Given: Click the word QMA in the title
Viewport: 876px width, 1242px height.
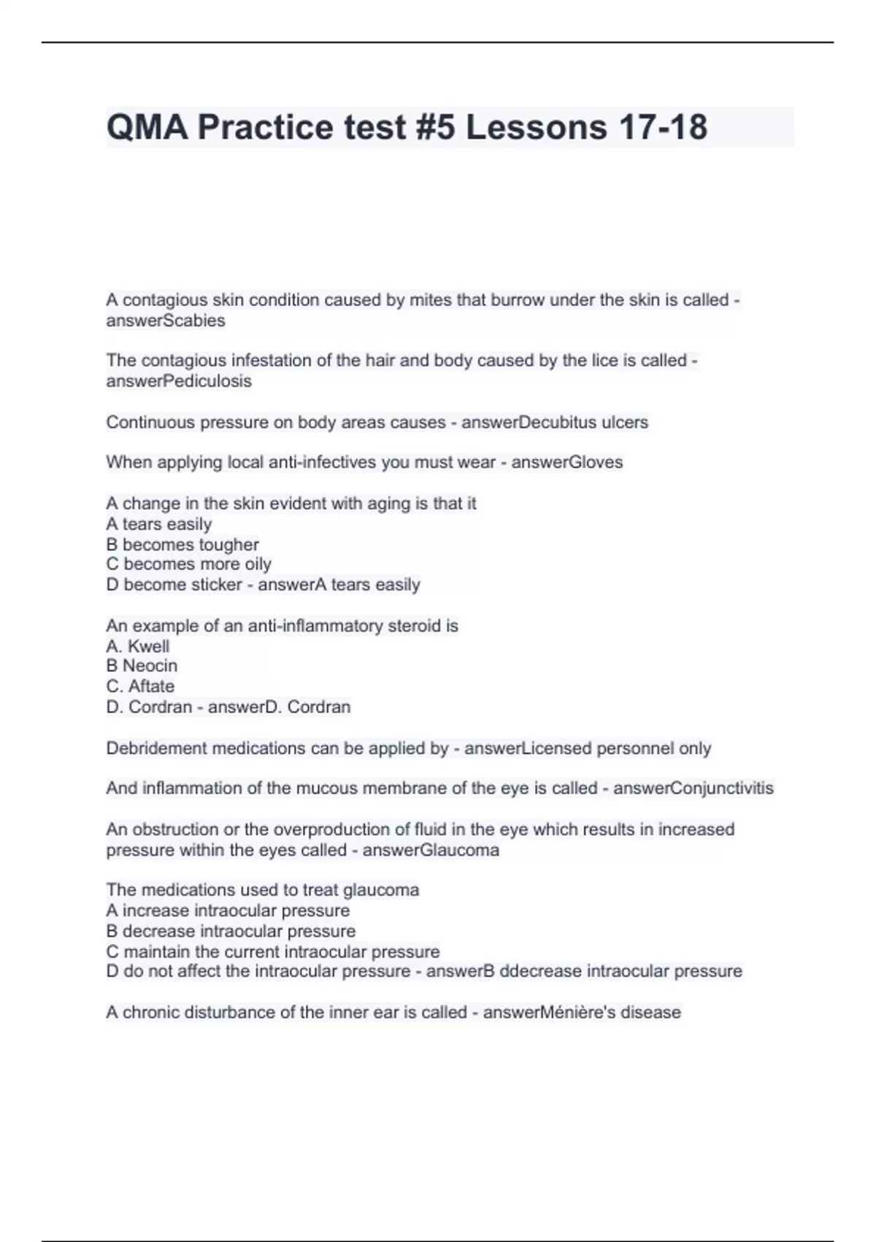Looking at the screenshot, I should pyautogui.click(x=147, y=127).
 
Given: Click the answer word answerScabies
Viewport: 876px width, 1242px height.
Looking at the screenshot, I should pyautogui.click(x=166, y=321).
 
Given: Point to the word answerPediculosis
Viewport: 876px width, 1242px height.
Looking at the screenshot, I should pyautogui.click(x=179, y=381).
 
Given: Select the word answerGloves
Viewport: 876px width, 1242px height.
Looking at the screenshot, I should pyautogui.click(x=566, y=462).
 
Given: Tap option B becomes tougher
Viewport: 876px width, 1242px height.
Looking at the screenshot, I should pyautogui.click(x=182, y=544).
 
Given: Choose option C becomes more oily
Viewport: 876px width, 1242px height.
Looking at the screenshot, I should pyautogui.click(x=188, y=564).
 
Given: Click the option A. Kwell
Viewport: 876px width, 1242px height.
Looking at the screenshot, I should pyautogui.click(x=138, y=647).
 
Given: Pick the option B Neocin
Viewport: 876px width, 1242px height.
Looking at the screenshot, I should pyautogui.click(x=142, y=666).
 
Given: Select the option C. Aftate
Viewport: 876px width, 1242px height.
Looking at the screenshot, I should pyautogui.click(x=140, y=686).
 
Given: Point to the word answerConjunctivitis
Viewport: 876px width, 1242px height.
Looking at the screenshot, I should pyautogui.click(x=693, y=788).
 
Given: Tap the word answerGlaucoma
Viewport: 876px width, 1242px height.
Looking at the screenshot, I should pyautogui.click(x=431, y=850).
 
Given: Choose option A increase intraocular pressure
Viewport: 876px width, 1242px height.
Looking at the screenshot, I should pyautogui.click(x=228, y=910).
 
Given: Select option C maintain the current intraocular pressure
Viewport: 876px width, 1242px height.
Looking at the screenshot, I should pyautogui.click(x=273, y=951).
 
